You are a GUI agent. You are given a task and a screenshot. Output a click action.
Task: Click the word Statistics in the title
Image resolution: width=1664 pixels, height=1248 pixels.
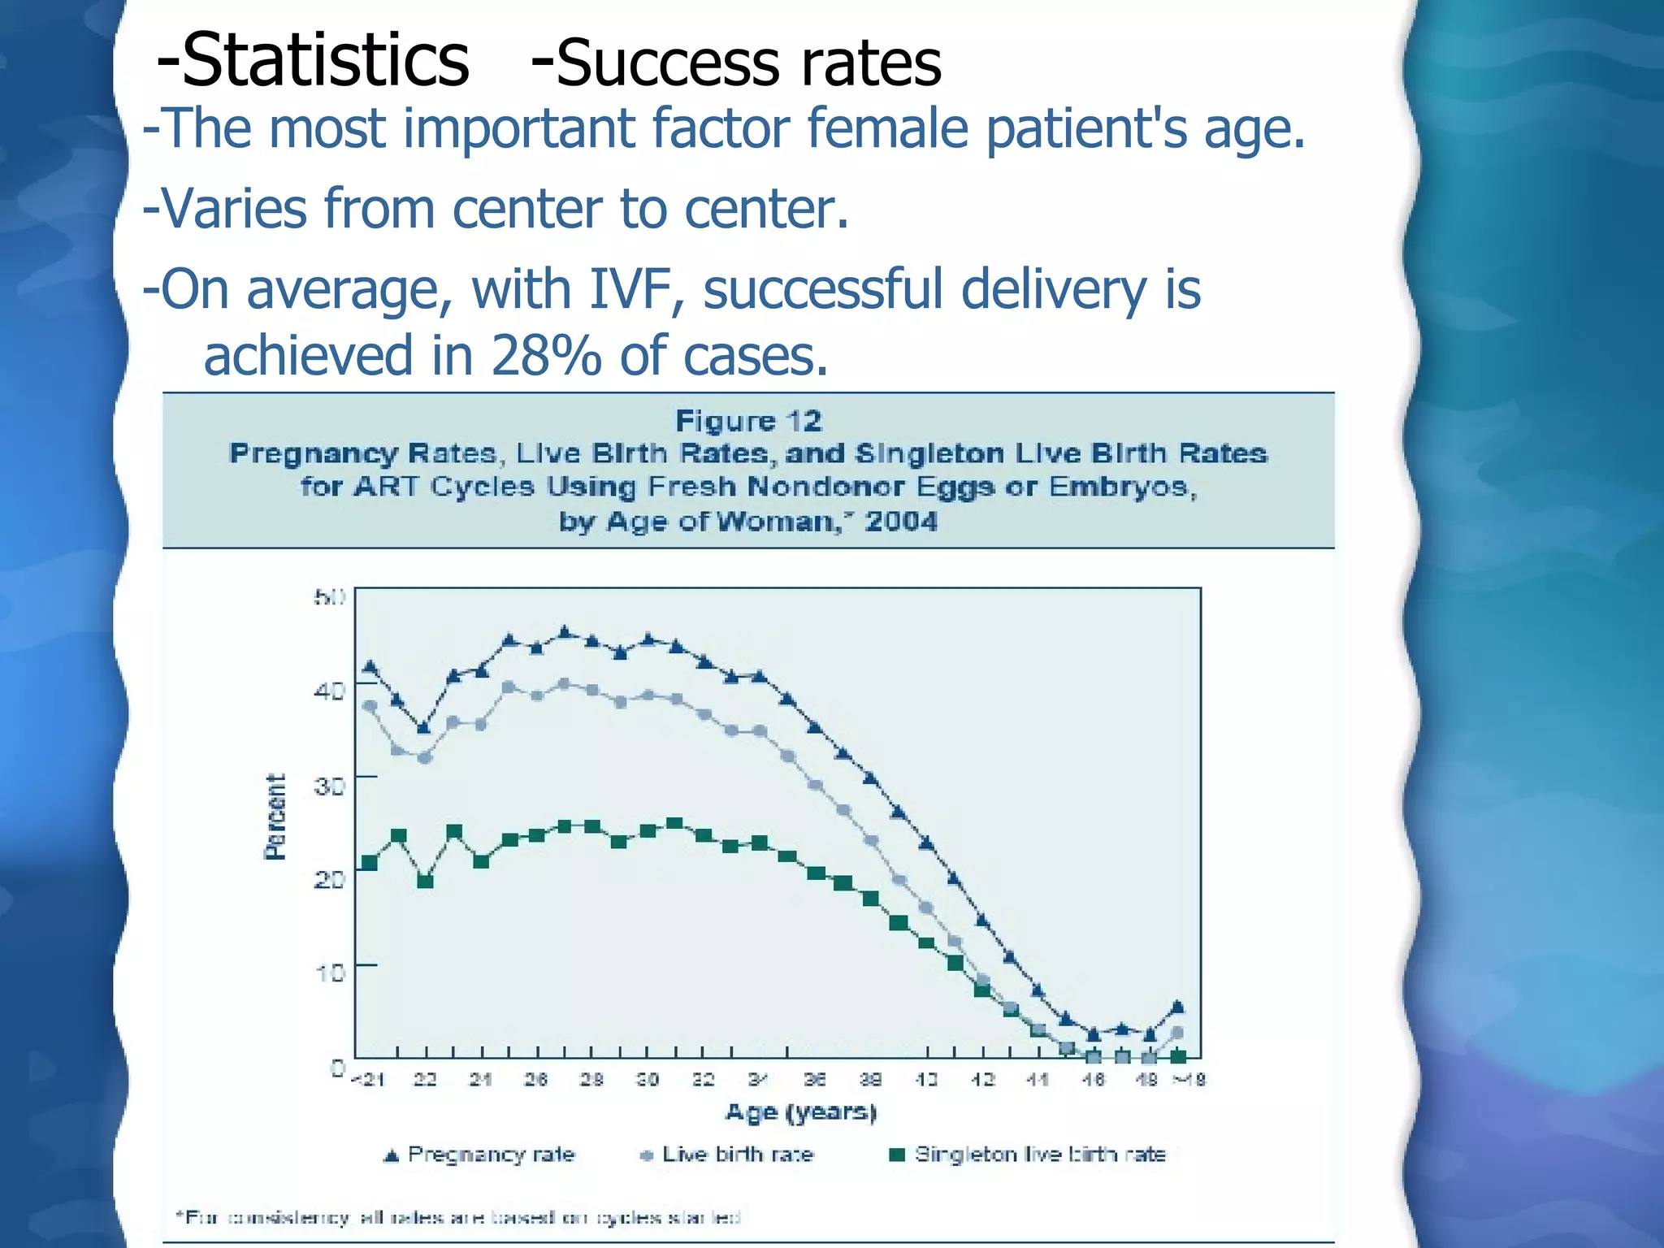coord(325,61)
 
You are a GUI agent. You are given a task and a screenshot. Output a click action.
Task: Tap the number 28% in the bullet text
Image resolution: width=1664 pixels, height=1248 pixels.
coord(546,356)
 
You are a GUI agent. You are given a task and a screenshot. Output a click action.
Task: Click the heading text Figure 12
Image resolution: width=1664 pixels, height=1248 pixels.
coord(748,421)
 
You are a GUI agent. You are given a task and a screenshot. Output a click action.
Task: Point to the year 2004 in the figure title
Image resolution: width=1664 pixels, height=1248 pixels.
coord(900,521)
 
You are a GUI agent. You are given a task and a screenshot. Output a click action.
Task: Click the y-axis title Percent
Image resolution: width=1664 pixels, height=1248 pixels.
coord(276,816)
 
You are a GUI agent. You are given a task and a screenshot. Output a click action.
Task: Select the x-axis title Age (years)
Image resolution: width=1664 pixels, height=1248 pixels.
coord(801,1111)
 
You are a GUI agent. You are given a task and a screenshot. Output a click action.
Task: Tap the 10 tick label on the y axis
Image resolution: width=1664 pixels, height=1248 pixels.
coord(329,972)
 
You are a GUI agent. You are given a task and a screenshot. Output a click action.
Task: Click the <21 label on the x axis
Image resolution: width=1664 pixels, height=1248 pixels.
coord(367,1080)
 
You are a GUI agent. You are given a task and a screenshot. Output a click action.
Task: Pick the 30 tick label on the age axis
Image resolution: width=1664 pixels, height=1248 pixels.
coord(647,1080)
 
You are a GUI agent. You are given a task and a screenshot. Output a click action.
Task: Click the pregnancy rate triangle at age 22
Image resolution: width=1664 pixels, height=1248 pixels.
coord(423,727)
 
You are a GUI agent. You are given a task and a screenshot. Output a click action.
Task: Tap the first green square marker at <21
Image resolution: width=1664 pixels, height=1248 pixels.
coord(370,862)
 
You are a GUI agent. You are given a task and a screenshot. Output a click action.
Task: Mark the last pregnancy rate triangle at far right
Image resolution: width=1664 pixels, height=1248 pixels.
coord(1178,1007)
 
